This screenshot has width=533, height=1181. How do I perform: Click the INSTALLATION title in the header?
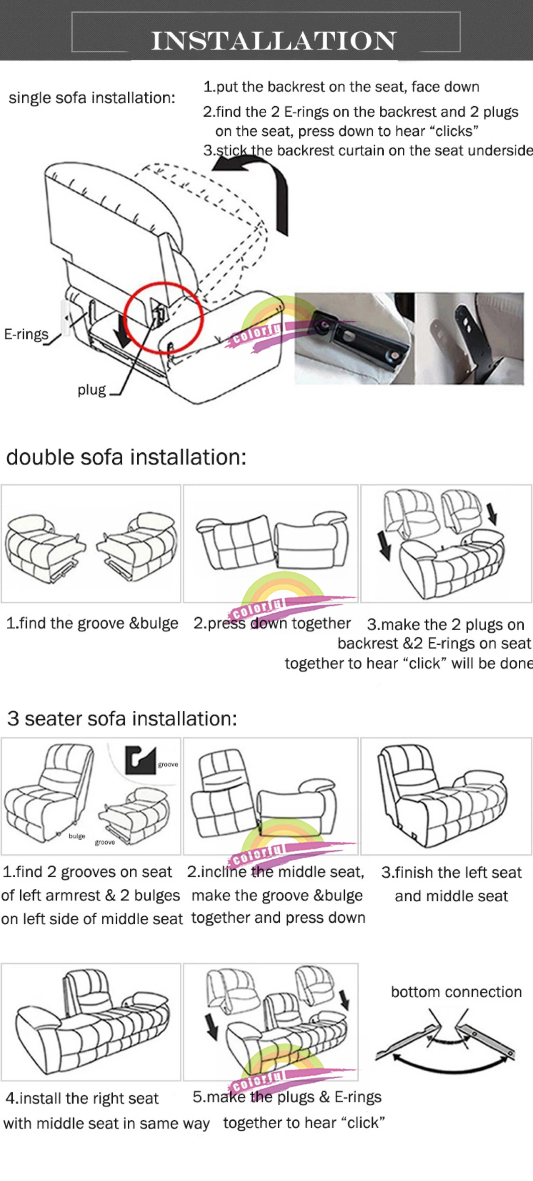tap(274, 40)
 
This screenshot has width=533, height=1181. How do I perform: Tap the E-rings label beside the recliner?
tap(26, 334)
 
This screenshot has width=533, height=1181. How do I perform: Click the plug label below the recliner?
tap(92, 390)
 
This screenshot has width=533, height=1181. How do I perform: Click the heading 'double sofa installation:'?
tap(126, 457)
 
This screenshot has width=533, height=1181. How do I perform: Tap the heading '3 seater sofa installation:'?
tap(122, 718)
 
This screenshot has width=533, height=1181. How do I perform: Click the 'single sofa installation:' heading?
tap(92, 98)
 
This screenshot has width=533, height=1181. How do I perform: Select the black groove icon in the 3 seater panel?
tap(140, 760)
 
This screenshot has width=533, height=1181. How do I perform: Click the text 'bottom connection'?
tap(456, 992)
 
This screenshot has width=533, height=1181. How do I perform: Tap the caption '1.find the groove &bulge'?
tap(92, 623)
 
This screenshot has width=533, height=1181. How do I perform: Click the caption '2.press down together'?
tap(272, 623)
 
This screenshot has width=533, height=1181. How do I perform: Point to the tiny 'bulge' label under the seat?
tap(77, 836)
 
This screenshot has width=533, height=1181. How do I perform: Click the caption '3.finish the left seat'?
tap(451, 872)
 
